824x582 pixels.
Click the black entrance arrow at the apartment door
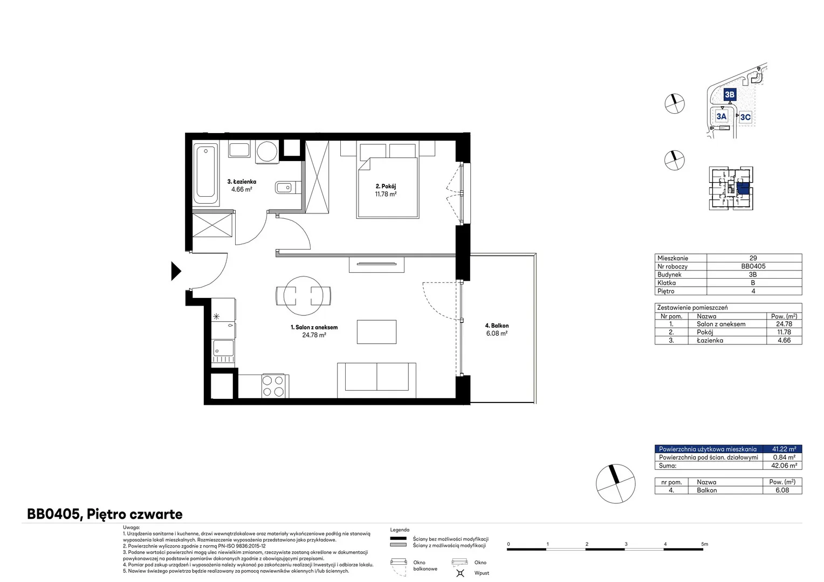point(176,271)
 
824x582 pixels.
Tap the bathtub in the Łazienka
point(206,174)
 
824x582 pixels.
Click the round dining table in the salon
point(303,296)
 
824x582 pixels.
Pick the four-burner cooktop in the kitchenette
point(273,386)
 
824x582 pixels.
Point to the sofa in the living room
point(377,380)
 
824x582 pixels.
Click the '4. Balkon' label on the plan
point(497,325)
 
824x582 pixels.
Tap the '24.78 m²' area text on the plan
point(314,335)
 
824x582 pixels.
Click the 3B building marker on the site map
point(730,94)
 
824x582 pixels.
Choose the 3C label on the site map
point(745,117)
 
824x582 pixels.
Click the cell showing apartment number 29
point(753,258)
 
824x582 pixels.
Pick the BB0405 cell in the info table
point(753,266)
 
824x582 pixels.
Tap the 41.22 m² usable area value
point(784,449)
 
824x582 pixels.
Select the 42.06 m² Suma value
point(784,466)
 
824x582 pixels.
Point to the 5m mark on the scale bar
point(704,544)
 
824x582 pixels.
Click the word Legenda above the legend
point(400,530)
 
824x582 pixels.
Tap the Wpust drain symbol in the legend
point(460,573)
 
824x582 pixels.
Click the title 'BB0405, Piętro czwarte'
point(105,514)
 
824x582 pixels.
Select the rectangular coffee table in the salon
point(377,331)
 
